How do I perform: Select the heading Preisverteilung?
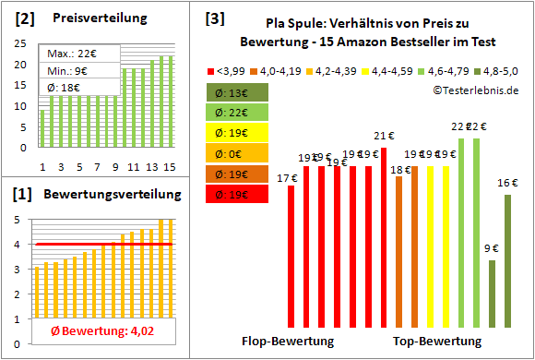[x=90, y=18]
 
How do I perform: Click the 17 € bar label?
[x=287, y=178]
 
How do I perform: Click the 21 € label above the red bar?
[x=384, y=138]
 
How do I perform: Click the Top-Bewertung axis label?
[x=437, y=341]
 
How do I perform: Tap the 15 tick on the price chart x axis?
[x=171, y=166]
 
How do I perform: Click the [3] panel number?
[x=214, y=18]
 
